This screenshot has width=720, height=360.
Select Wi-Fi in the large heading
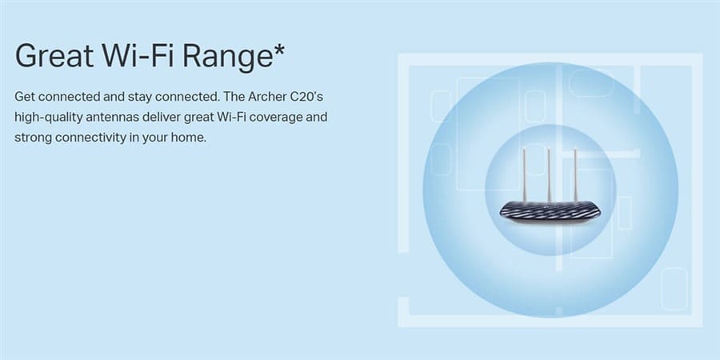pos(138,55)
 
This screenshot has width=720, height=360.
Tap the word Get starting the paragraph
pos(25,97)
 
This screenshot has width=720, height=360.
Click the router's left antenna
pos(524,175)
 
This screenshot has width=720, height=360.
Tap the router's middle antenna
pos(549,174)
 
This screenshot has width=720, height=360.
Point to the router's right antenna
pos(575,175)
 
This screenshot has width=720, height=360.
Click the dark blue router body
pos(550,212)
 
